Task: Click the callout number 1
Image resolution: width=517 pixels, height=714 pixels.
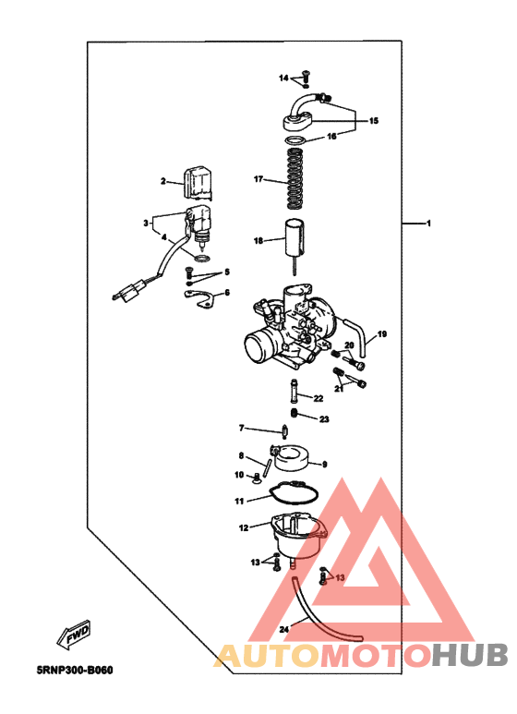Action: coord(428,224)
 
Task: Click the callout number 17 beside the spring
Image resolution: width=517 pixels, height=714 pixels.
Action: coord(259,178)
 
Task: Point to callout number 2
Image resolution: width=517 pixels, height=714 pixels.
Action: coord(162,182)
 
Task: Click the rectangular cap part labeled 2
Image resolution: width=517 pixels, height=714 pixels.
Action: coord(198,183)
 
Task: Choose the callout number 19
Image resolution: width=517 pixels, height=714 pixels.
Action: coord(382,333)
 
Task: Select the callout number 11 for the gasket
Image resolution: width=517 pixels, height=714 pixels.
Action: coord(237,502)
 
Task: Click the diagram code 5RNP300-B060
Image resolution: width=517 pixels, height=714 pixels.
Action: coord(80,671)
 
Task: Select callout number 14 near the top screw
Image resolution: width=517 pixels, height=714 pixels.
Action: coord(284,77)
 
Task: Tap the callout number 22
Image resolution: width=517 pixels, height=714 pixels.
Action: coord(318,399)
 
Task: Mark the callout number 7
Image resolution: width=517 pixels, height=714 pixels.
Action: coord(243,429)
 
